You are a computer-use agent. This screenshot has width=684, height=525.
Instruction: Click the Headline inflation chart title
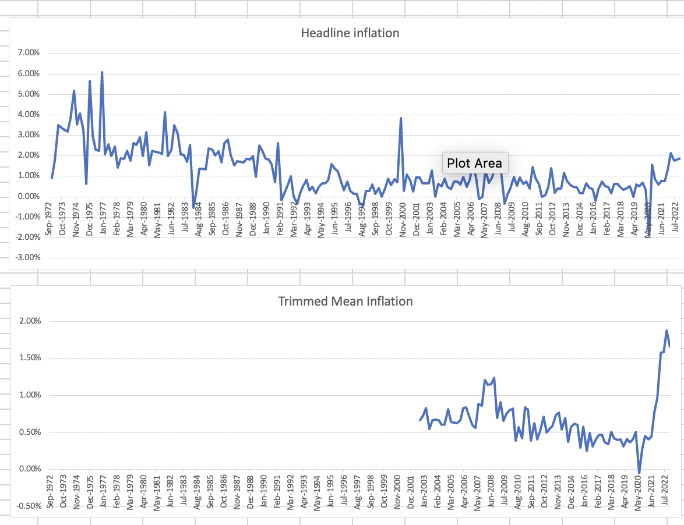coord(350,33)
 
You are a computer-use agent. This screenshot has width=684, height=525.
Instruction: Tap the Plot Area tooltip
coord(474,163)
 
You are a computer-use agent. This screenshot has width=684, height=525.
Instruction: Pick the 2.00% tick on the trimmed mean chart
coord(26,321)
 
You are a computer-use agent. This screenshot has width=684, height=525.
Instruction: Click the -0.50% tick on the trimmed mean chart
coord(25,505)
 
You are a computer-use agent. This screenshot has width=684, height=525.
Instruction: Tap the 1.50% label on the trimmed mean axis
coord(26,358)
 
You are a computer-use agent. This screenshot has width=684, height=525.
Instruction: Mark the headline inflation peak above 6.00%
coord(102,72)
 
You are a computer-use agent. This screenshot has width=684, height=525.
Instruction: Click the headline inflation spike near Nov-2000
coord(401,118)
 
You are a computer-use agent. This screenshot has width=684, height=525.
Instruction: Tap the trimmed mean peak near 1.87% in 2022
coord(667,331)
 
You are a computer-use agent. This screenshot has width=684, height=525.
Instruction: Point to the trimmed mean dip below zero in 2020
coord(639,473)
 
